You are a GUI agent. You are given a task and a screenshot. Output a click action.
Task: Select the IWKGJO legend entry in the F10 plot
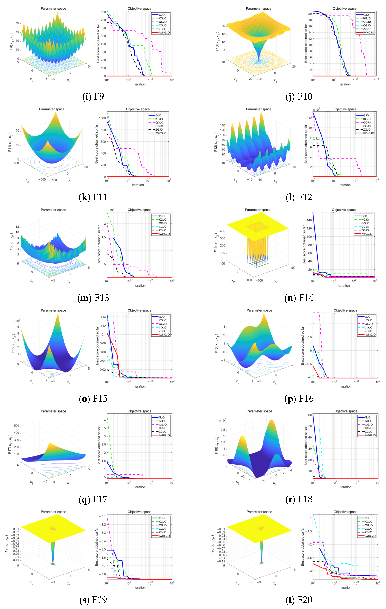pyautogui.click(x=368, y=33)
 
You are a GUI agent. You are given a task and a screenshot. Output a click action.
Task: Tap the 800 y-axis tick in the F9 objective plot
pyautogui.click(x=103, y=12)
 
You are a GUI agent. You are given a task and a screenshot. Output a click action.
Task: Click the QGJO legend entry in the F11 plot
pyautogui.click(x=159, y=122)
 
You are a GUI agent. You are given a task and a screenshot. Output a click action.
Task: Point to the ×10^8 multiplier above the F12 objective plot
pyautogui.click(x=316, y=110)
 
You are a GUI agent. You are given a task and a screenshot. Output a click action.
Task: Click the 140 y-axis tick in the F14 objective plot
pyautogui.click(x=309, y=220)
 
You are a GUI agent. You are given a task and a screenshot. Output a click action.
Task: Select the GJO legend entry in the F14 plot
pyautogui.click(x=364, y=216)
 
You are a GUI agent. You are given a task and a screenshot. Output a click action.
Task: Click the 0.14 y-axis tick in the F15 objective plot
pyautogui.click(x=103, y=317)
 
